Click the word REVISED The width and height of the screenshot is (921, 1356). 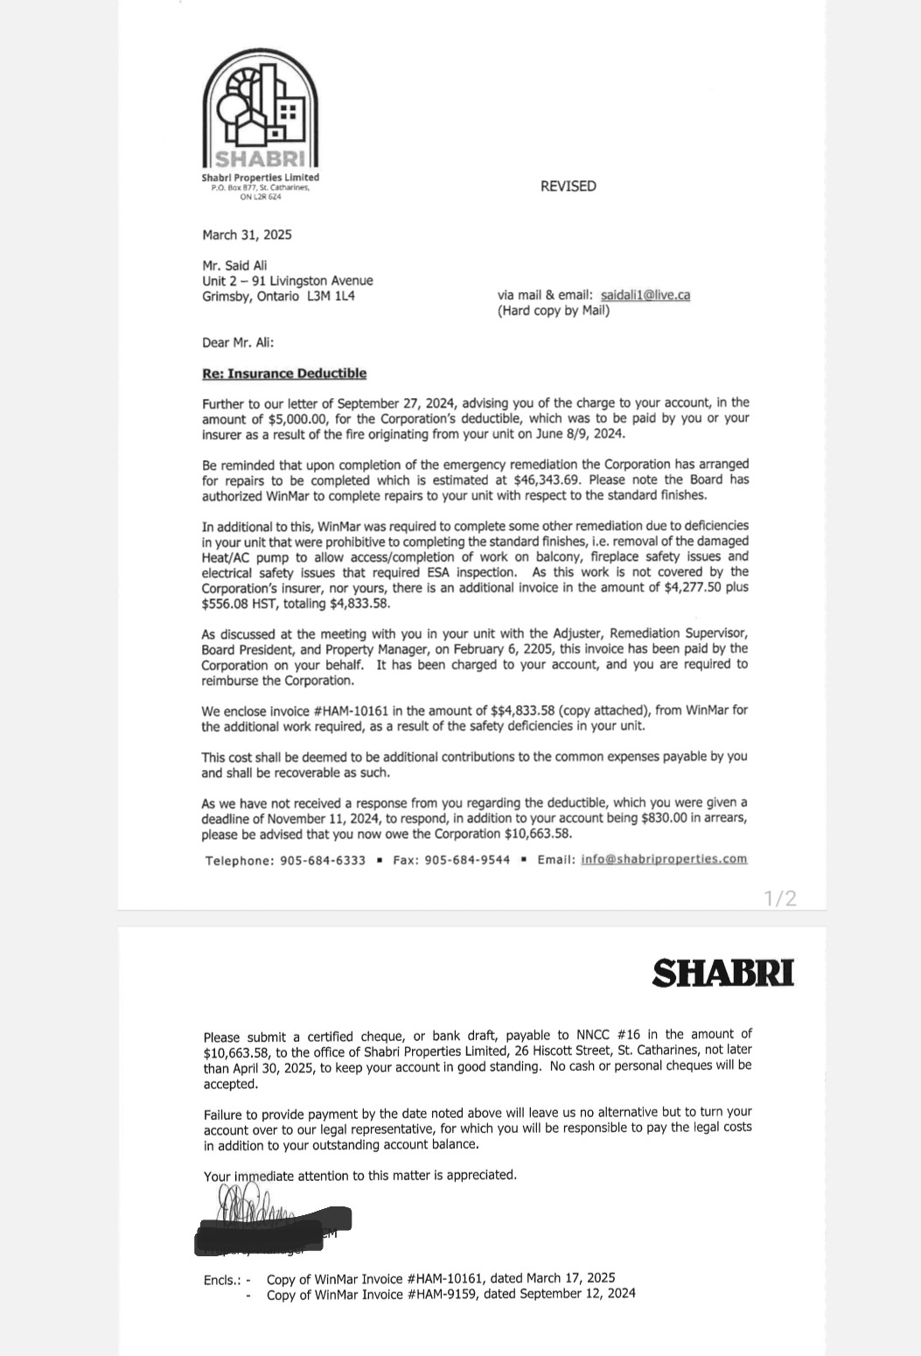[568, 186]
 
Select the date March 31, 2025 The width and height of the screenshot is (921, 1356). [247, 234]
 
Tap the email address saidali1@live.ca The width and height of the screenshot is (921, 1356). [645, 295]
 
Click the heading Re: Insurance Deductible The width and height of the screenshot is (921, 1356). [284, 374]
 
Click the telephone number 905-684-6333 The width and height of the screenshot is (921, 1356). [323, 861]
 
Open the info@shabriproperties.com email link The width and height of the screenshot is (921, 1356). [664, 859]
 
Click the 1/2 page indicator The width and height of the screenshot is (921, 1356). [779, 898]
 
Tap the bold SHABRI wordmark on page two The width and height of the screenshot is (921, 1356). [723, 973]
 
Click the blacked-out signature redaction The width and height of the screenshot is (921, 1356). [273, 1226]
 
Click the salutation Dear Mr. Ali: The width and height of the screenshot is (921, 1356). [238, 342]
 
